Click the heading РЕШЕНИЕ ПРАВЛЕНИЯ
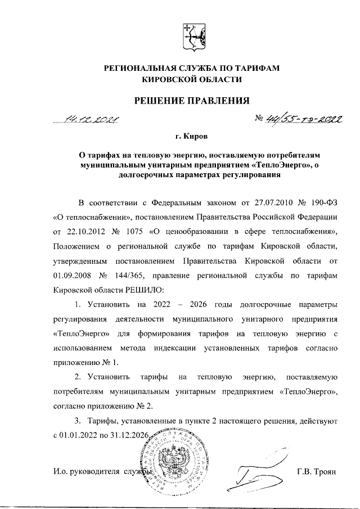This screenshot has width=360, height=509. tap(191, 101)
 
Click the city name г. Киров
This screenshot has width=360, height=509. tap(191, 137)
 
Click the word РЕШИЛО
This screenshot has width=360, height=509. tap(143, 290)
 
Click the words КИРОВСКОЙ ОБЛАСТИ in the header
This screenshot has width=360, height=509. tap(191, 80)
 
